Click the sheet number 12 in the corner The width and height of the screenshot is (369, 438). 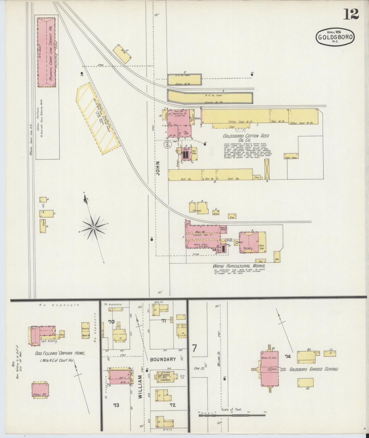click(x=351, y=14)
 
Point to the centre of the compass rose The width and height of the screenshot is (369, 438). click(x=94, y=227)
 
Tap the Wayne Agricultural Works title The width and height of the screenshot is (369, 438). click(x=239, y=266)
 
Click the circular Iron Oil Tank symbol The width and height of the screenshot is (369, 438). click(x=168, y=145)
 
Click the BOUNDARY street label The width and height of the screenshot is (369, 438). click(x=163, y=359)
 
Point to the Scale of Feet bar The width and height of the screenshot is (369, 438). click(x=232, y=415)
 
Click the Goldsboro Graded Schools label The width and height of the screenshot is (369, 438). click(x=314, y=369)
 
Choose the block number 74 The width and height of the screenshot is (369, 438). click(x=288, y=356)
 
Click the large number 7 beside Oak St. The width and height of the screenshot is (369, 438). click(x=195, y=348)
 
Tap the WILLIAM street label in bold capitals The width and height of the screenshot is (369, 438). click(x=140, y=390)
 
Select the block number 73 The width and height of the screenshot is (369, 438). click(x=116, y=405)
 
